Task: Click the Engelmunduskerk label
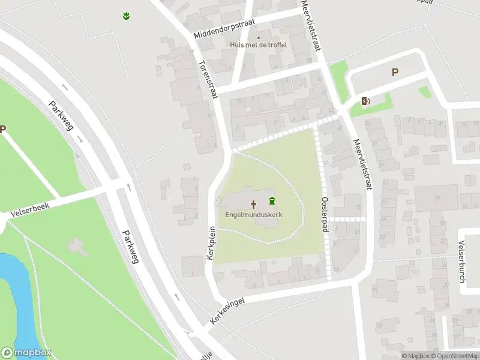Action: click(254, 214)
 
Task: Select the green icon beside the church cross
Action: click(272, 200)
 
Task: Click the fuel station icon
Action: click(365, 101)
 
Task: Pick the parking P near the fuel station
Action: click(395, 72)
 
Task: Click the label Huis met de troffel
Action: click(259, 44)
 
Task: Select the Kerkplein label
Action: click(211, 242)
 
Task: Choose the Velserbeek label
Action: click(29, 208)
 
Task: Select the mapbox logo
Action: click(26, 353)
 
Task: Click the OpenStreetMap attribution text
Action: click(454, 356)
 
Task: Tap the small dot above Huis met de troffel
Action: click(259, 37)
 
